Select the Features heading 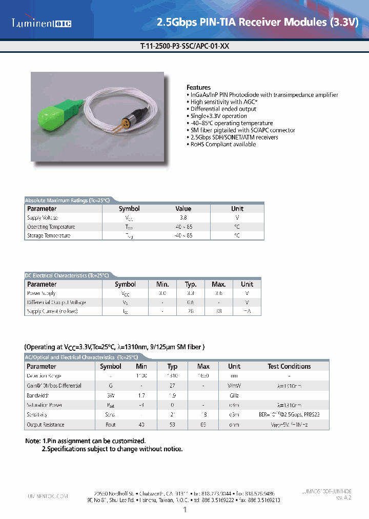[198, 88]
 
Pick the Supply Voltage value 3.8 [183, 218]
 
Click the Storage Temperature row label [49, 235]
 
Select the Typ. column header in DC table [191, 284]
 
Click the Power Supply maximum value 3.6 [219, 293]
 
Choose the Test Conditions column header [289, 366]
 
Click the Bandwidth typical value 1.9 [172, 395]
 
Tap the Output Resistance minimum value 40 [141, 425]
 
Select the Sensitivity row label [37, 415]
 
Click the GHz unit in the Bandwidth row [234, 395]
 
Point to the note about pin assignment [86, 441]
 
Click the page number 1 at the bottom [184, 509]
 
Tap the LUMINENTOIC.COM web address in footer [47, 496]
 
